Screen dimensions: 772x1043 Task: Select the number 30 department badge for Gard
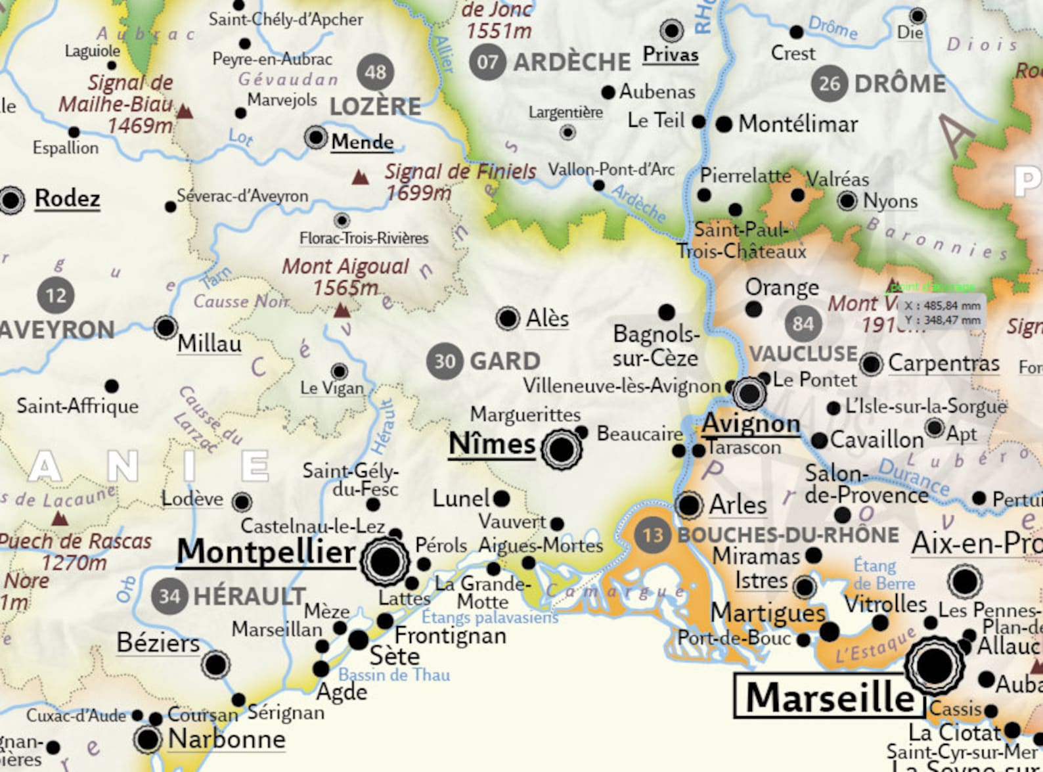click(445, 361)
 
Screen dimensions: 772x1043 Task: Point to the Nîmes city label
click(492, 444)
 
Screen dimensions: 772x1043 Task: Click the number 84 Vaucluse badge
click(803, 323)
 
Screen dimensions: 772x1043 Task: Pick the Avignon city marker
click(749, 394)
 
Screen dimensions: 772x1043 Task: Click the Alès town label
click(547, 319)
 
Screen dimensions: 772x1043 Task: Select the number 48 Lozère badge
click(375, 72)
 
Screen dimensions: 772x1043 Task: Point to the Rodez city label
click(67, 198)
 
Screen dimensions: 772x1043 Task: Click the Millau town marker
click(166, 327)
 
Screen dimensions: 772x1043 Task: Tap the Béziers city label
click(158, 643)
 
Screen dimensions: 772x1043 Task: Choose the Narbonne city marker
click(148, 739)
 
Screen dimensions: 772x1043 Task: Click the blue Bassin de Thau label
click(394, 675)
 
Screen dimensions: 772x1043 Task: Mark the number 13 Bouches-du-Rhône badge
click(652, 535)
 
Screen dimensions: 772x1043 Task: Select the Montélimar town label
click(798, 124)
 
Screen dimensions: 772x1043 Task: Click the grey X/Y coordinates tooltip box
click(942, 313)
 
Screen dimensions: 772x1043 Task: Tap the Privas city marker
click(671, 30)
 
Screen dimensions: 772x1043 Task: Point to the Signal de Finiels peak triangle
click(359, 177)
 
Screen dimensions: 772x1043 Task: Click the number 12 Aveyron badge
click(56, 295)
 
